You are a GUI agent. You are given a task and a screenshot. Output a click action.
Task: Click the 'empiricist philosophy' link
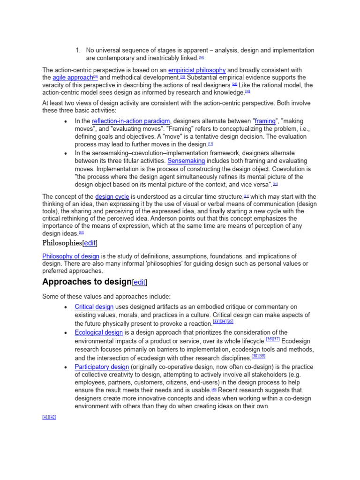(197, 70)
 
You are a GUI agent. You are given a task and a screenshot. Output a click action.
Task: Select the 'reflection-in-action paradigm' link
(131, 121)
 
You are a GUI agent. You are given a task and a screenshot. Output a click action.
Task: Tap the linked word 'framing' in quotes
(265, 121)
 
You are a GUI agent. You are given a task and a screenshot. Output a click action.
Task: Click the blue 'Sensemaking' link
(186, 161)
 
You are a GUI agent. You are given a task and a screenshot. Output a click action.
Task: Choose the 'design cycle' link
(112, 197)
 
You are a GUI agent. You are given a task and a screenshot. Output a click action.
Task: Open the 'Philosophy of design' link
(71, 256)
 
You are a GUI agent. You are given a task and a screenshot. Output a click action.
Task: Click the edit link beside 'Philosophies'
(90, 243)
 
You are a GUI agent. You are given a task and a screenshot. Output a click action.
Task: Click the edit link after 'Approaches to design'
(139, 283)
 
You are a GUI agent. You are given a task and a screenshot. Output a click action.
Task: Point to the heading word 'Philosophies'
(62, 243)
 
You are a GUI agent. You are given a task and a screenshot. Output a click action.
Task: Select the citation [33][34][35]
(223, 322)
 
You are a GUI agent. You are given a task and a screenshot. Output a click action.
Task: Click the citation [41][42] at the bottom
(49, 417)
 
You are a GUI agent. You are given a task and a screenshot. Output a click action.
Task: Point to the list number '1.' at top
(78, 51)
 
